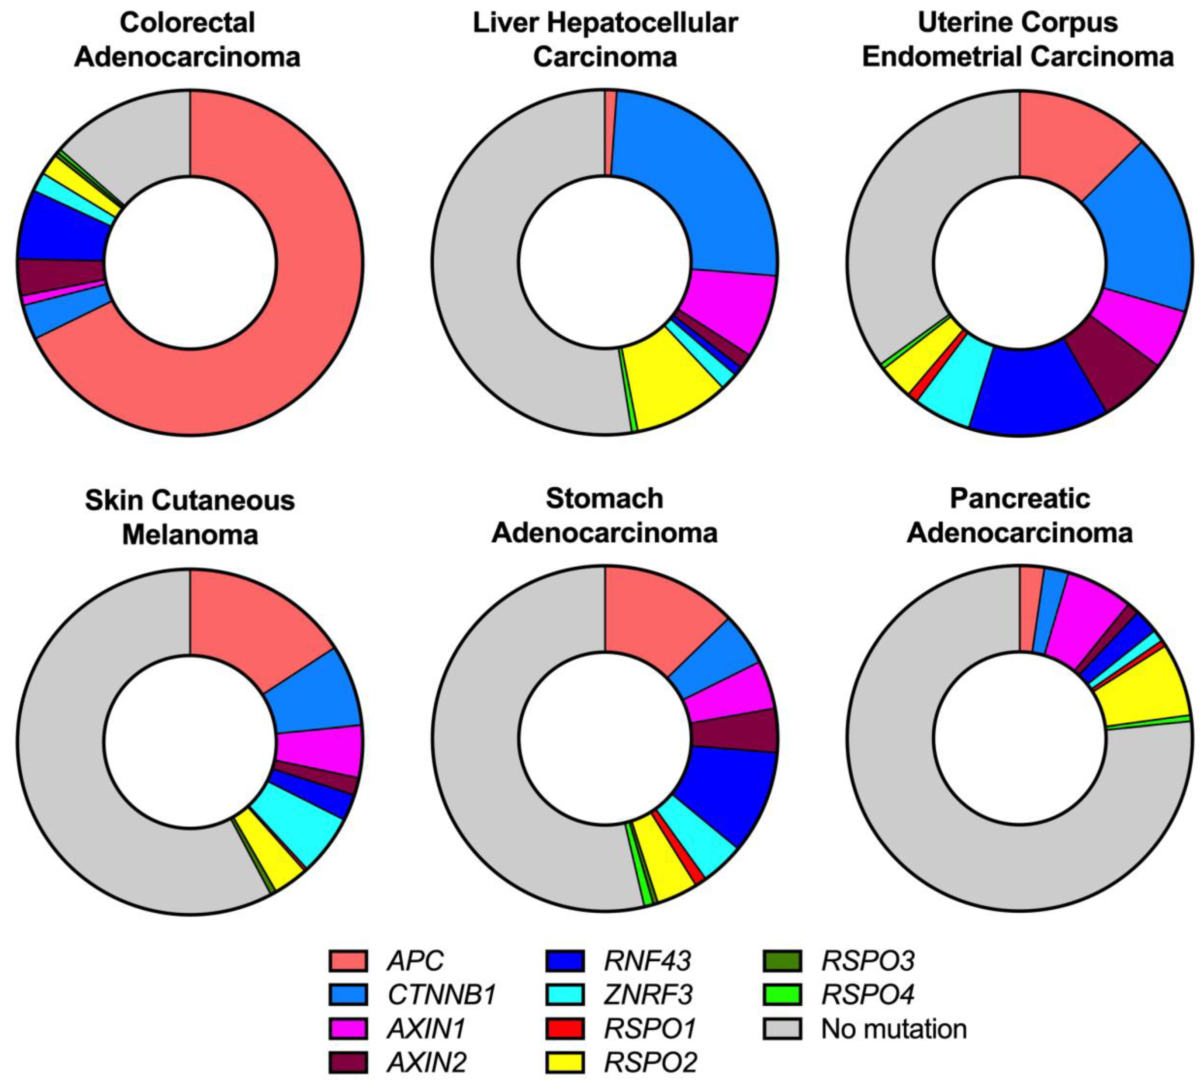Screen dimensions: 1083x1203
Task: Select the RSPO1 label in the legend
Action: pyautogui.click(x=650, y=1028)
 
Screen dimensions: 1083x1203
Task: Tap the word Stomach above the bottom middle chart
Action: pyautogui.click(x=604, y=499)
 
